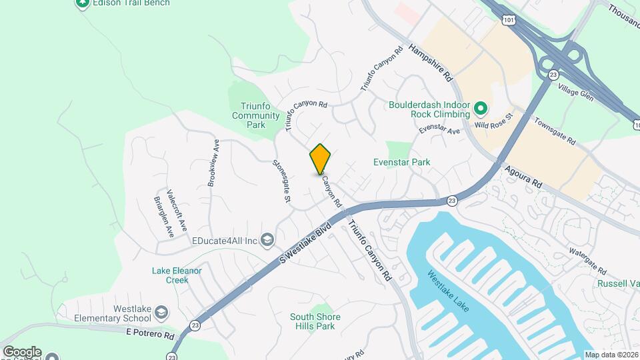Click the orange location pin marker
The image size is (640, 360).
pos(320,159)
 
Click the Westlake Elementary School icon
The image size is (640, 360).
pos(161,312)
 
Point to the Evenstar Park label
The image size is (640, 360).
pos(401,162)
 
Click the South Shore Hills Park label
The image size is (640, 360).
pos(315,321)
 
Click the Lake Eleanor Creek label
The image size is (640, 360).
pos(177,275)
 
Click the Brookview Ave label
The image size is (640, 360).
pos(213,162)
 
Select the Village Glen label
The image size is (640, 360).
pos(576,93)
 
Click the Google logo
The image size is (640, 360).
pos(22,351)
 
